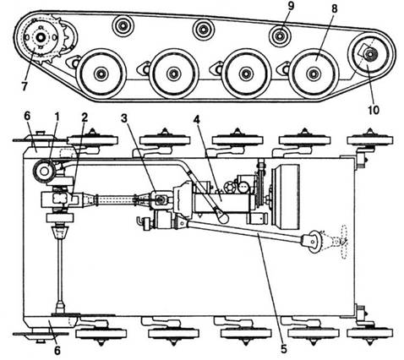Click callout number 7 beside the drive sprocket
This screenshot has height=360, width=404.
coord(25,86)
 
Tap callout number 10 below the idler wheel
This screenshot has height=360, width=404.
coord(373,110)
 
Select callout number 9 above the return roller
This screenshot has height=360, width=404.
coord(291,7)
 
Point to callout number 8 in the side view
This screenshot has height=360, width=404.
coord(334,8)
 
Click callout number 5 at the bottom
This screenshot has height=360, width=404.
coord(283,349)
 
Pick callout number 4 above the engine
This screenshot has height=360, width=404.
coord(196,120)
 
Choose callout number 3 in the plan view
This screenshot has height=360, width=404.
coord(124,118)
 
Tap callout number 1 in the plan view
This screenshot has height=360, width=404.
coord(57,117)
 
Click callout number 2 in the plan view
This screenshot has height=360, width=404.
coord(85,117)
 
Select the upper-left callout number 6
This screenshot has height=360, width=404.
coord(27,117)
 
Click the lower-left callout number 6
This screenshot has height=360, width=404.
coord(57,351)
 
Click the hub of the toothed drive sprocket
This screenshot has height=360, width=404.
coord(41,37)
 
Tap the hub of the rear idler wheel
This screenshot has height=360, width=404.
coord(370,54)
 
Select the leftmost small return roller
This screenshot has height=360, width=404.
coord(123,26)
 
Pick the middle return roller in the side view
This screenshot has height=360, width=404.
coord(203,30)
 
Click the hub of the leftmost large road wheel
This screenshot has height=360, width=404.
coord(101,74)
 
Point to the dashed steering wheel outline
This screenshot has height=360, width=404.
coord(343,242)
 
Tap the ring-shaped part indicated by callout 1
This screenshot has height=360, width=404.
coord(44,171)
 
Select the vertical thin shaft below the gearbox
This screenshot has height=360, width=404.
coord(60,269)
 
